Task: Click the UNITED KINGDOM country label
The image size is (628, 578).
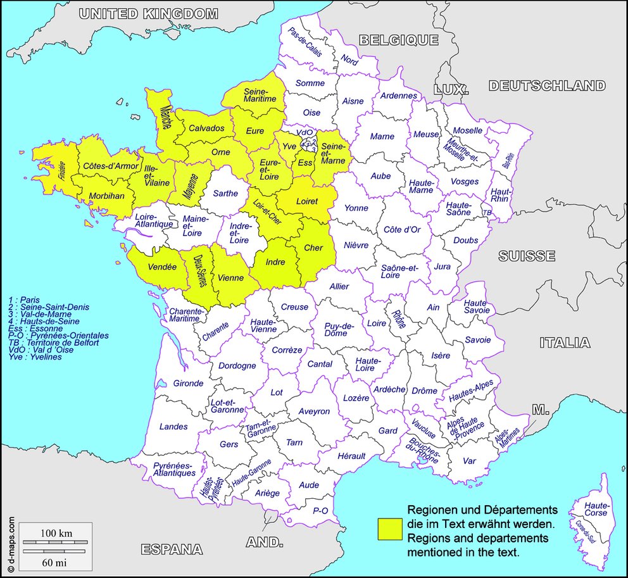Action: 149,13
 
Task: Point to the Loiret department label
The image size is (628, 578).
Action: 306,201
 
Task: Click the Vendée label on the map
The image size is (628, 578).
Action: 162,267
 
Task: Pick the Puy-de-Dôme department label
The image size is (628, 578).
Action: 339,329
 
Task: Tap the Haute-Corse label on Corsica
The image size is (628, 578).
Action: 596,509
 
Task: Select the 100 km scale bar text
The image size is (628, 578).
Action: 56,533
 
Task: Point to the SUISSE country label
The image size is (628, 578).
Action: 526,256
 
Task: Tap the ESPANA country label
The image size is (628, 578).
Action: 172,549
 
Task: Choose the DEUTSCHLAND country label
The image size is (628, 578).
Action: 546,85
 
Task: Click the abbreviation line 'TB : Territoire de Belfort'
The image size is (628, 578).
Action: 54,342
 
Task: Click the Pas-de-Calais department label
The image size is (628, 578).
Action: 305,42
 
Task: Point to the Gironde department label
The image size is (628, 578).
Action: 188,383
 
